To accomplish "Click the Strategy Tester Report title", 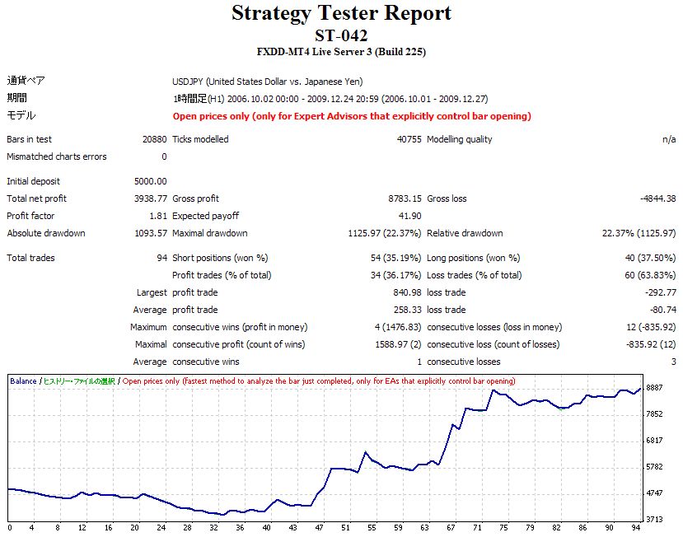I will click(x=341, y=14).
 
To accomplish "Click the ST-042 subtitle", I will click(x=341, y=35).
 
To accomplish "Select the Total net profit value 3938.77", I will click(x=150, y=198).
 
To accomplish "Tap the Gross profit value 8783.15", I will click(x=405, y=198).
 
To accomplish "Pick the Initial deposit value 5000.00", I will click(x=150, y=181).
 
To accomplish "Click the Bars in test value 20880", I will click(x=154, y=139).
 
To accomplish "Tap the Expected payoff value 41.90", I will click(x=410, y=216).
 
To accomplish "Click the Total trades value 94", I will click(x=161, y=258).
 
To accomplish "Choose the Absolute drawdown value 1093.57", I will click(x=150, y=233).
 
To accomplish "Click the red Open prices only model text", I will click(x=352, y=116).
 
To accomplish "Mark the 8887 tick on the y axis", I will click(x=656, y=388).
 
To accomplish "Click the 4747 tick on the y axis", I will click(x=656, y=493).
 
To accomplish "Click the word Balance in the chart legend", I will click(x=23, y=381).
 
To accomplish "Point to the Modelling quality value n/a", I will click(x=668, y=139).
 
